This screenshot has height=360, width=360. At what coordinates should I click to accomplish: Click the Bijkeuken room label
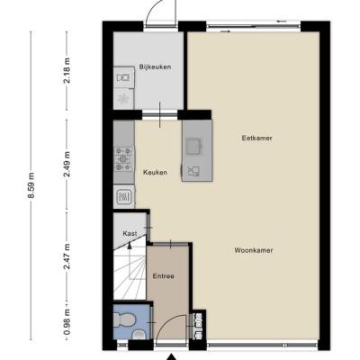(x=155, y=67)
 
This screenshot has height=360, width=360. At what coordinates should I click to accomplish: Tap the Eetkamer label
(x=257, y=139)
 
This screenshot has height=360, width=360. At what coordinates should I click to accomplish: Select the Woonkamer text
(x=254, y=250)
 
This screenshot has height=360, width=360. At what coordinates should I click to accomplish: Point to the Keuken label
(x=155, y=173)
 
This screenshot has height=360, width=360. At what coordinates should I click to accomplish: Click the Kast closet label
(x=130, y=233)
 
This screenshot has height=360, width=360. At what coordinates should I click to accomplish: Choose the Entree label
(x=164, y=276)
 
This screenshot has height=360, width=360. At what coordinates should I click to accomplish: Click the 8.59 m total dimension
(x=31, y=185)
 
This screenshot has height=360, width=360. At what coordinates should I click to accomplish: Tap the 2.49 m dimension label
(x=67, y=164)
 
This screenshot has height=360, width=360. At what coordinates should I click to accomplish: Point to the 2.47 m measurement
(x=67, y=256)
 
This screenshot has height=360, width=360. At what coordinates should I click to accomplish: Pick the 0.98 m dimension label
(x=67, y=322)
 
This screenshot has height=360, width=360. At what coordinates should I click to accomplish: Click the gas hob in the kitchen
(x=124, y=159)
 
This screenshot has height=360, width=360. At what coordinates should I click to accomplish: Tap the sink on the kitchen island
(x=193, y=146)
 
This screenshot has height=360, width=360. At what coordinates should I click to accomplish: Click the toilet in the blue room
(x=125, y=319)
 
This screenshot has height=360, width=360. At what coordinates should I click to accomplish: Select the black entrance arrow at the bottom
(x=171, y=356)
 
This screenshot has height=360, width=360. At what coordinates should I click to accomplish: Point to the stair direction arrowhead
(x=130, y=246)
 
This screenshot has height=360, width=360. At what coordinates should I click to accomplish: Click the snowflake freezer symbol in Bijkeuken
(x=123, y=98)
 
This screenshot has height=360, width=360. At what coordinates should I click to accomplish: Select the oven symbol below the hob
(x=123, y=196)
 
